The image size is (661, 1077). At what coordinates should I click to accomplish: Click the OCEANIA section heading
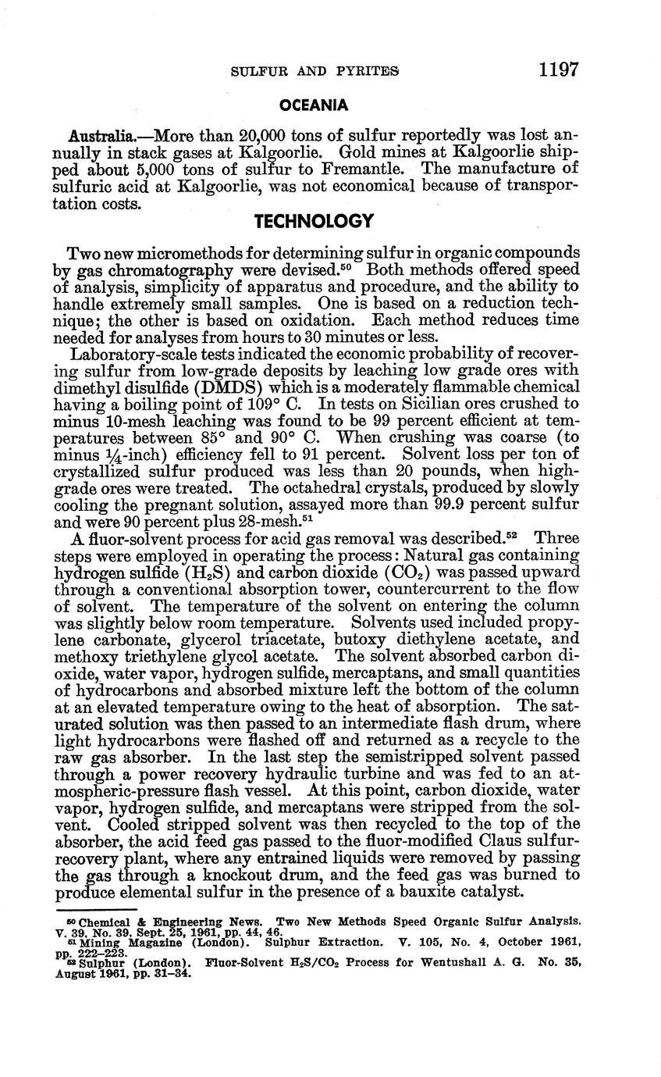pos(314,104)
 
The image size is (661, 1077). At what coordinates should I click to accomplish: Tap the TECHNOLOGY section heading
pos(315,221)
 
